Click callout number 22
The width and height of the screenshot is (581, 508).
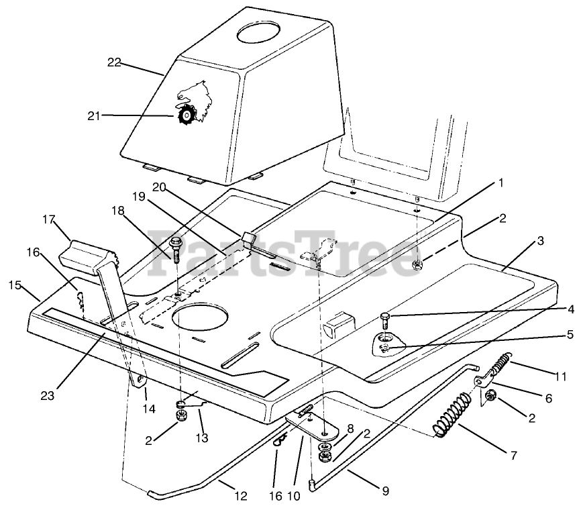114,62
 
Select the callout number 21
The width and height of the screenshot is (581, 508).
93,115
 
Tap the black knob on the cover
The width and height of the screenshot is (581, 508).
184,116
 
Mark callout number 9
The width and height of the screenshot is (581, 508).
385,491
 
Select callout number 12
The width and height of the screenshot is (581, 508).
241,497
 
